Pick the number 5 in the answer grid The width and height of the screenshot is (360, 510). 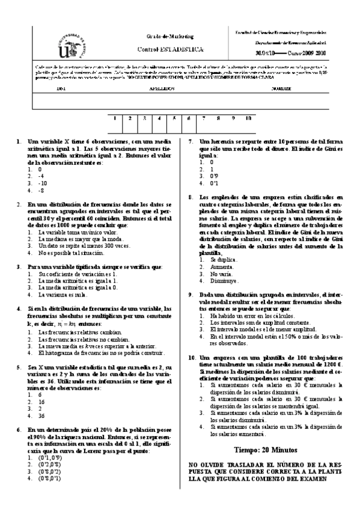[x=174, y=119]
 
